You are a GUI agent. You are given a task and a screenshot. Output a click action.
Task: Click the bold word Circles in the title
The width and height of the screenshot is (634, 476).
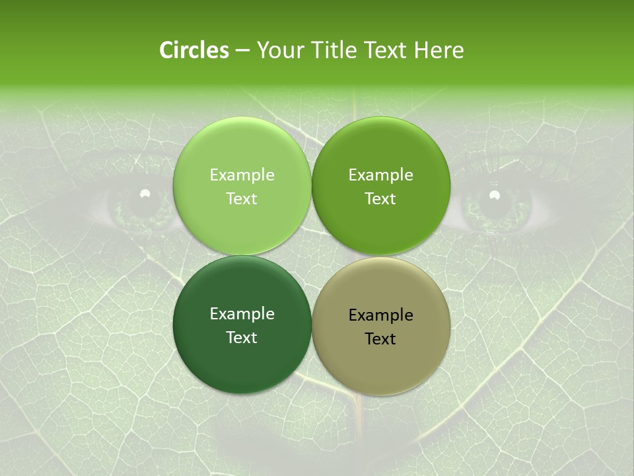(194, 50)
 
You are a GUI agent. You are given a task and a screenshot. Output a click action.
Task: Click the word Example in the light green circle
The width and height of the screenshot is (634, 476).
(242, 175)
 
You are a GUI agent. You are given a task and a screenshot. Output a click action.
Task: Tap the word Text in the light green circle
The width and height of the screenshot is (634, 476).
(242, 198)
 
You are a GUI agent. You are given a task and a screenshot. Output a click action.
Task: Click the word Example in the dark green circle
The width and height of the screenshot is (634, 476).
(242, 313)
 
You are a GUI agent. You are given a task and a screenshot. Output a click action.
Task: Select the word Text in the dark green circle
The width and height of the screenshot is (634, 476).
(242, 337)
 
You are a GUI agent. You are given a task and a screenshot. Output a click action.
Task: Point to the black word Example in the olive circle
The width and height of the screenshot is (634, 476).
(381, 315)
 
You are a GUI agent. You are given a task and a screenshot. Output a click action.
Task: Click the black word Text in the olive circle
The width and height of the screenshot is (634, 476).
(380, 338)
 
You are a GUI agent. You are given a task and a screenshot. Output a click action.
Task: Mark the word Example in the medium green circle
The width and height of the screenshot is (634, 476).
(381, 175)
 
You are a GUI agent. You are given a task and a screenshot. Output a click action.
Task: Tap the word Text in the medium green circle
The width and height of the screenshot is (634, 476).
(380, 198)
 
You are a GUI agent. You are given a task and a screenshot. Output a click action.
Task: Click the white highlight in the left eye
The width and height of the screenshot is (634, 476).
(145, 193)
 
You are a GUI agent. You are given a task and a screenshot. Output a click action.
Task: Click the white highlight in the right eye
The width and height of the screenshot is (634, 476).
(494, 194)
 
